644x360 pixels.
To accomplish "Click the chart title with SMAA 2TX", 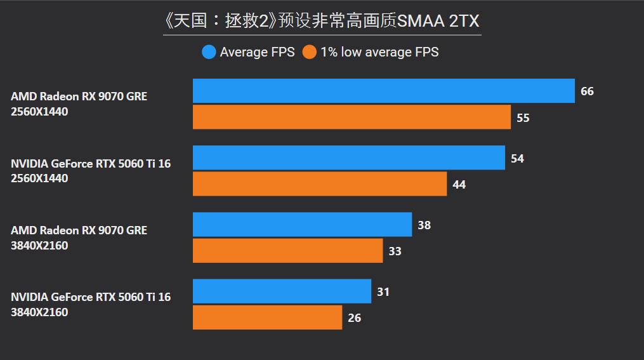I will (322, 20).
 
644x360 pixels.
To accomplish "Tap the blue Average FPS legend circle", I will (209, 52).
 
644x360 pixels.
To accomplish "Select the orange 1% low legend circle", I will (309, 52).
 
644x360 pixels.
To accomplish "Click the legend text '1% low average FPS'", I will (379, 52).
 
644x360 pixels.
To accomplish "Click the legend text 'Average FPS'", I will (257, 52).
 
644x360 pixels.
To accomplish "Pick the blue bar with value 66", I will (383, 91).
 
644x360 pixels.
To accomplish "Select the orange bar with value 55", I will (352, 117).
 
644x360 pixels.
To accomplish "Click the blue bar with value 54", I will (348, 157).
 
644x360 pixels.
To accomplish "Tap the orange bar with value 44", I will (319, 184).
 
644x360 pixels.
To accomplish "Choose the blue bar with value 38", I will (302, 224).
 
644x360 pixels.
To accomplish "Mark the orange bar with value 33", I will (287, 251).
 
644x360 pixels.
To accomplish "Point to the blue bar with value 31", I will (282, 291).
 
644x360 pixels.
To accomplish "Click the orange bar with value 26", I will (267, 317).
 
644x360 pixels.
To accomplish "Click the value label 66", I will (587, 91).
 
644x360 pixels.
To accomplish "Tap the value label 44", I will (459, 185).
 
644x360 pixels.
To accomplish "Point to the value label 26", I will (354, 318).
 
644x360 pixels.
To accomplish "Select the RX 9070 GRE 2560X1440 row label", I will (79, 104).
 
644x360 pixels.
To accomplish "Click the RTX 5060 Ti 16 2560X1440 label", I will (91, 171).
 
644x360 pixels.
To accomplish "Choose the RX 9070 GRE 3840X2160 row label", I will (79, 237).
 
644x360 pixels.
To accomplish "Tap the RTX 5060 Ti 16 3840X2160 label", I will (91, 304).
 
